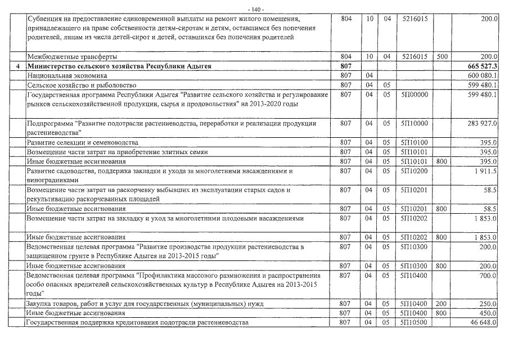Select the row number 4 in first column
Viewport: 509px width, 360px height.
pyautogui.click(x=18, y=66)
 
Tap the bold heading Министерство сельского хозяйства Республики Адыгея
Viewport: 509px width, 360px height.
pyautogui.click(x=119, y=66)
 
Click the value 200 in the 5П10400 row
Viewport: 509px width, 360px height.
pyautogui.click(x=441, y=304)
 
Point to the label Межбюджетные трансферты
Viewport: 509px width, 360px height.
pyautogui.click(x=72, y=57)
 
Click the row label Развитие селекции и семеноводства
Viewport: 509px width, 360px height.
pyautogui.click(x=82, y=143)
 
